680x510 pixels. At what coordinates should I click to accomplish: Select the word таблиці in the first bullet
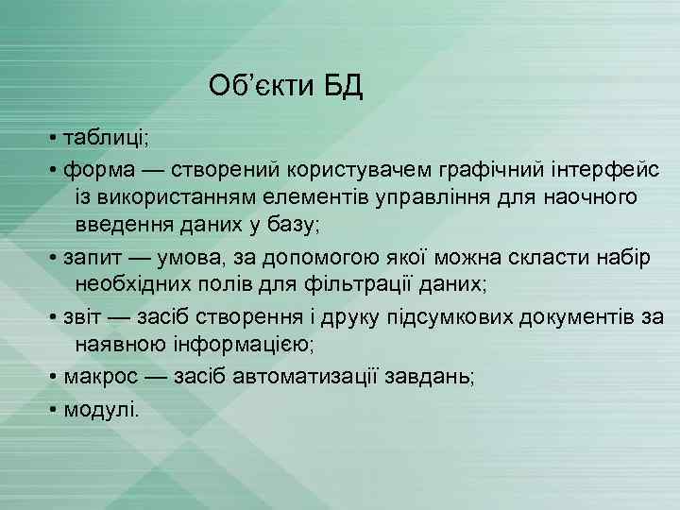[x=105, y=138]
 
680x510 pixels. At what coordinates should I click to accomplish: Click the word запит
[x=98, y=257]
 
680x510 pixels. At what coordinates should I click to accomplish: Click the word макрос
[x=103, y=377]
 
